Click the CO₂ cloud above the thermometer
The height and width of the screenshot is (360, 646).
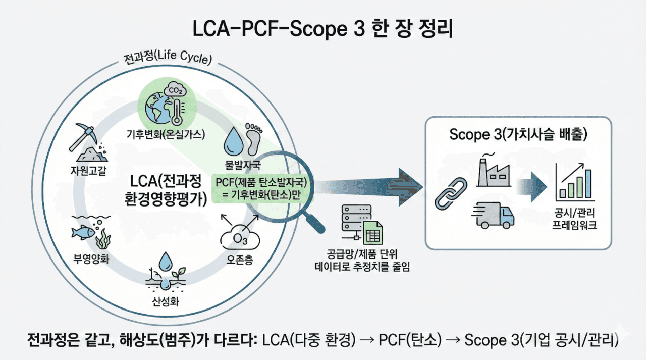(175, 90)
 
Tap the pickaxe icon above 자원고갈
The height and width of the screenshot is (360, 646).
(82, 137)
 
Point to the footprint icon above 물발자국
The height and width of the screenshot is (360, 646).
(254, 139)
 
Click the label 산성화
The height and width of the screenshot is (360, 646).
(166, 301)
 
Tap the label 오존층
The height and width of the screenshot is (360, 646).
(240, 260)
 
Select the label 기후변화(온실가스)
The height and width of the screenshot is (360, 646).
(166, 134)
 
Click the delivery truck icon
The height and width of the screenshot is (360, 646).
(493, 215)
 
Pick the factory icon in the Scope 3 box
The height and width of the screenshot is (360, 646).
(494, 171)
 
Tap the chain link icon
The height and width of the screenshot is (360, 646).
(451, 193)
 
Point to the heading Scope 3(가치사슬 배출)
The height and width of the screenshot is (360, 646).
(518, 135)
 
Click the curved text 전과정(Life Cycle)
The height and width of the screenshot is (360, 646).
(168, 57)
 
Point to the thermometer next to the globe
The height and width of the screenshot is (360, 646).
(177, 112)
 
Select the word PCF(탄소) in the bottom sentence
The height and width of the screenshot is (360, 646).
(410, 340)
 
